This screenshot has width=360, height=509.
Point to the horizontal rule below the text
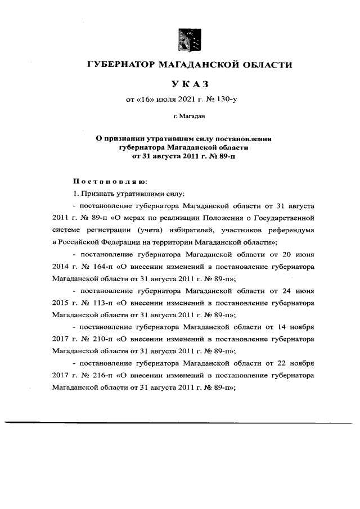tap(180, 422)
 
